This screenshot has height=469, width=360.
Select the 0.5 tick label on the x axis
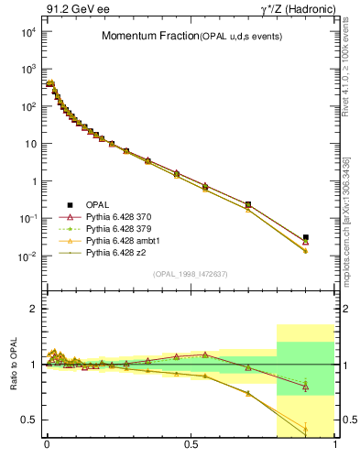(x=191, y=444)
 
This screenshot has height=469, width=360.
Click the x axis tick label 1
(x=335, y=444)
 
